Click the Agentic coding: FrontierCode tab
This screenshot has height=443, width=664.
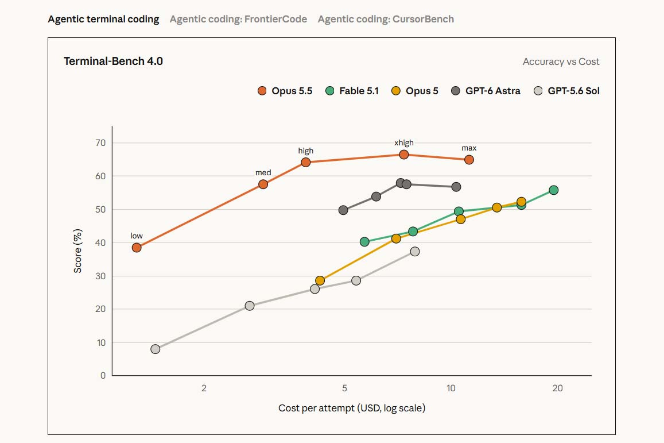(x=238, y=19)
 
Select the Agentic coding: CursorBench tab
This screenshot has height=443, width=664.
(x=386, y=19)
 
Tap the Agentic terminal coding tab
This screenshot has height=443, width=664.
(x=103, y=19)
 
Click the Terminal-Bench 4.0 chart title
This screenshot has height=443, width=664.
(x=113, y=61)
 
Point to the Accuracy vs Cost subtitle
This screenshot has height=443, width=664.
(x=561, y=61)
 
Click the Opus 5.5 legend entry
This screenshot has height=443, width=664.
(x=285, y=91)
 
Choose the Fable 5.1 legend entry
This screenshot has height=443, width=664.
(x=352, y=91)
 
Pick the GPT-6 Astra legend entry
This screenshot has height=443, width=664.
(x=486, y=91)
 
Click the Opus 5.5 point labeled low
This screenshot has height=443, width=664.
(x=137, y=248)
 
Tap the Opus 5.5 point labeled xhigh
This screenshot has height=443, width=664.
(x=404, y=155)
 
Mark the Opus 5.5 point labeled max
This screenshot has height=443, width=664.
(x=469, y=160)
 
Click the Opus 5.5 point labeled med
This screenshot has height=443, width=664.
(x=263, y=184)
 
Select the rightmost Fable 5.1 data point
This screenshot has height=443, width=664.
(x=553, y=190)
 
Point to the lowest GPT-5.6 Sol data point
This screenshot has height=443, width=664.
(x=156, y=349)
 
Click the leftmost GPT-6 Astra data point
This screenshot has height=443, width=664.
(x=343, y=210)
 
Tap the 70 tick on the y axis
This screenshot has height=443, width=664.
(x=100, y=143)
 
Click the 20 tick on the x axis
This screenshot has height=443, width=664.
(x=558, y=388)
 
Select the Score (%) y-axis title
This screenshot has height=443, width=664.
(x=77, y=251)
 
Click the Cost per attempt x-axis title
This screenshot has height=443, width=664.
(x=352, y=408)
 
